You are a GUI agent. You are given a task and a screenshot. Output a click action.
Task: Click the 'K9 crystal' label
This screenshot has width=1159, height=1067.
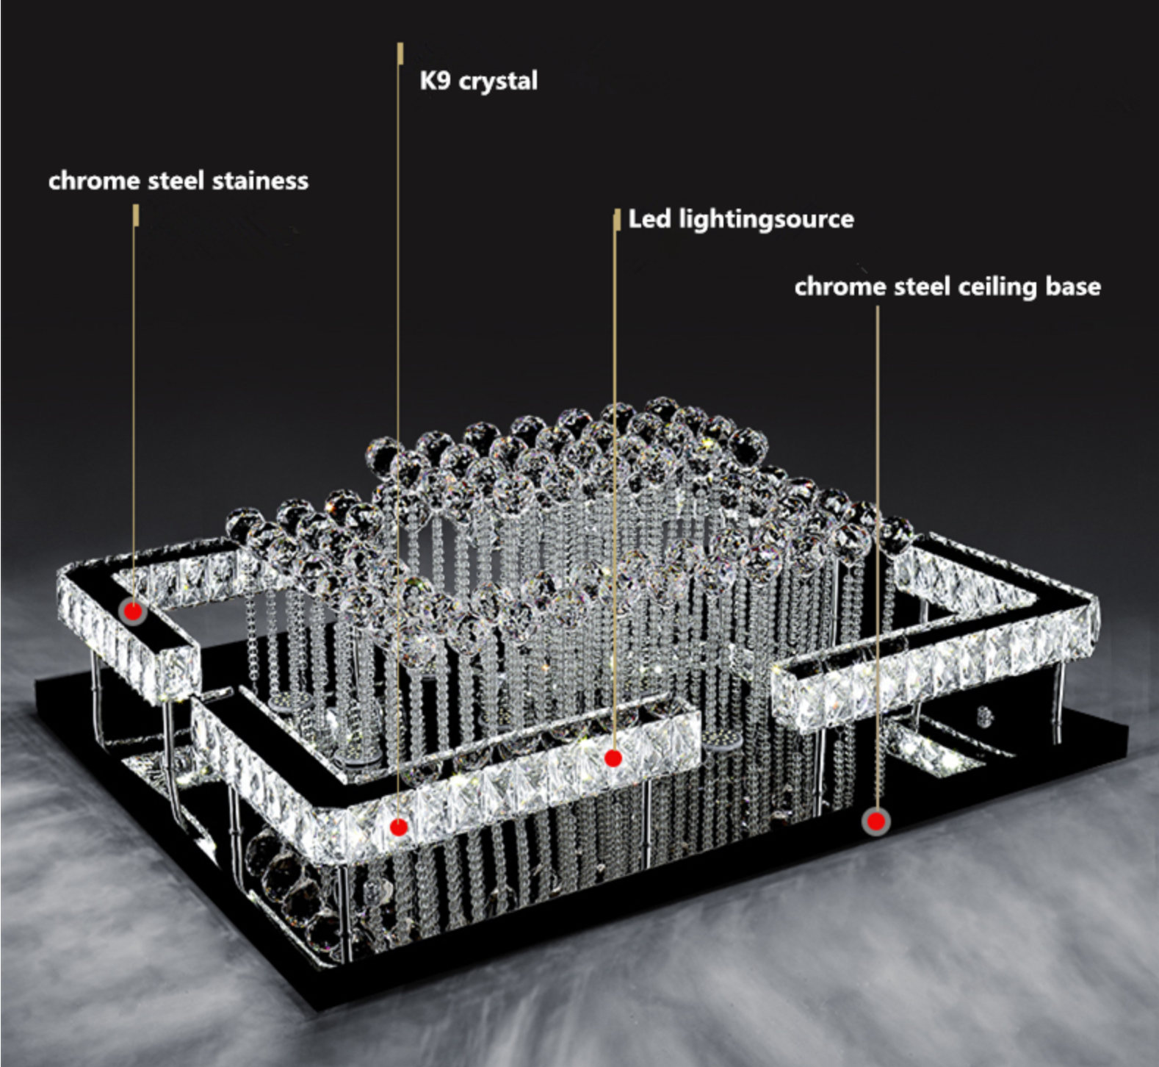coord(478,81)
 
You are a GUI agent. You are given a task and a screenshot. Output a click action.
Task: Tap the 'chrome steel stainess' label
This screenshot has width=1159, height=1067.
coord(178,181)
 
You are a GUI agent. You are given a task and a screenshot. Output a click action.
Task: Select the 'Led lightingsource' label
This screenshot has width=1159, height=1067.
coord(741,220)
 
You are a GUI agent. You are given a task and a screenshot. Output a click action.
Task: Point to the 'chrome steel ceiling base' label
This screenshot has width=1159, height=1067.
coord(947,287)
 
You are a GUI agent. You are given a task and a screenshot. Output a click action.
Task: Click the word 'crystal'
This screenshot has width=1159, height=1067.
coord(498,82)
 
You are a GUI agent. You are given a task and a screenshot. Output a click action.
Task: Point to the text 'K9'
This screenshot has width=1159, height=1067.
coord(434,79)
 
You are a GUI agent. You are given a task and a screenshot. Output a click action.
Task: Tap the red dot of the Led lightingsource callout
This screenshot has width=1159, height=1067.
coord(613,758)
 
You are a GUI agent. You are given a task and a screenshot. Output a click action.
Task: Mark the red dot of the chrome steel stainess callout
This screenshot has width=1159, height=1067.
coord(133,611)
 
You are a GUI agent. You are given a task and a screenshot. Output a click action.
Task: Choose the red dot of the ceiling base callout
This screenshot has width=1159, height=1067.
coord(875,822)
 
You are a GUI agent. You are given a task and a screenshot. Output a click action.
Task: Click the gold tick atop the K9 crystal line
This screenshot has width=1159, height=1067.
coord(400,54)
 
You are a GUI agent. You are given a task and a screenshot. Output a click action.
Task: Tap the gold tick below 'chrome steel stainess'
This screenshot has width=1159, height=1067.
coord(136,215)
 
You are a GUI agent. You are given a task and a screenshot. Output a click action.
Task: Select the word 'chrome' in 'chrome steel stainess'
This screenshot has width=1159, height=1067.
coord(95,182)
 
